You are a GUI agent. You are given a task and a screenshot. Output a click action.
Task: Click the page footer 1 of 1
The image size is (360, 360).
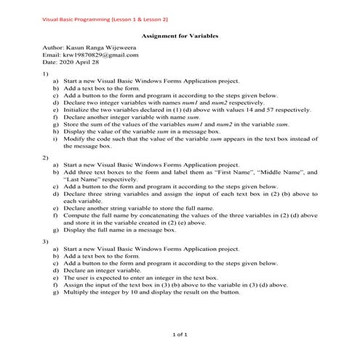click(x=179, y=335)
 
